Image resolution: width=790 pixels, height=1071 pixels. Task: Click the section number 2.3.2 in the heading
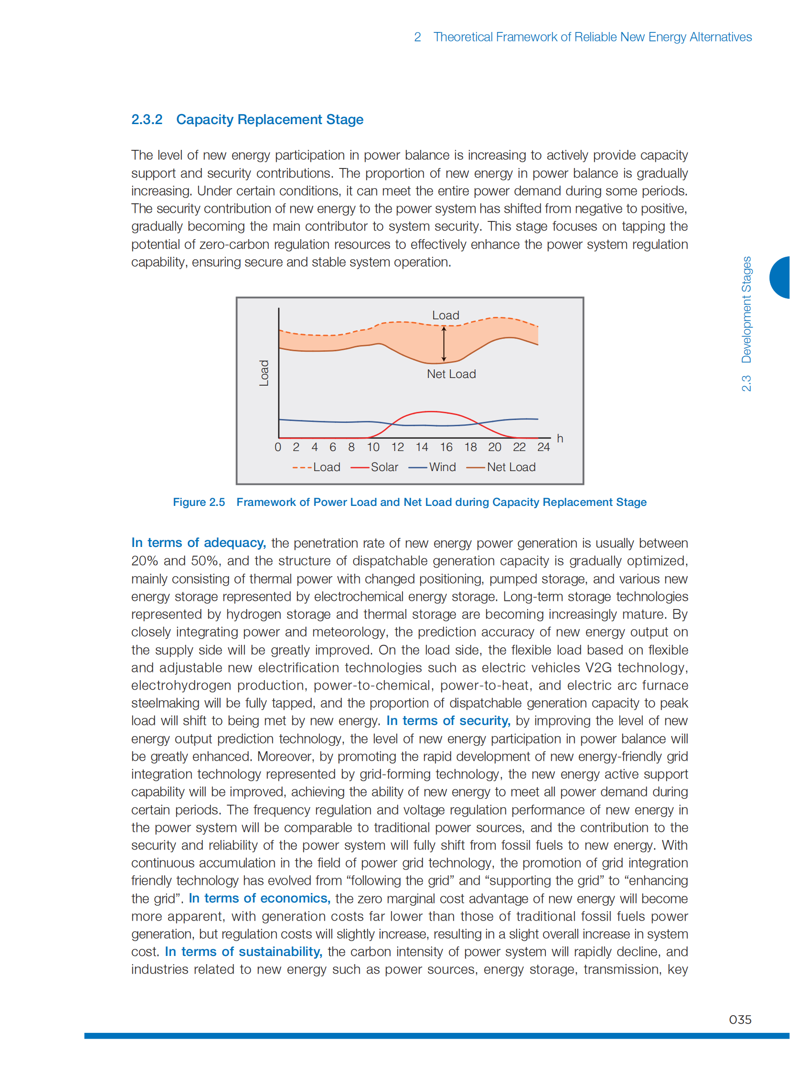147,119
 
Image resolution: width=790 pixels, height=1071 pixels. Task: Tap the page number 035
739,1019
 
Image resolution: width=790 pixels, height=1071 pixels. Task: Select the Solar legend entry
374,467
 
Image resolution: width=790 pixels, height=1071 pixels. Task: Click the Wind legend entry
432,467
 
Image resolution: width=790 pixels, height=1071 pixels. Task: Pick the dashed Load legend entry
317,467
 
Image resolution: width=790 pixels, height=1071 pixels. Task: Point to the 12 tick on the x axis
397,447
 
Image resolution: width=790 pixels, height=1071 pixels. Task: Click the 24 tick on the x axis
543,447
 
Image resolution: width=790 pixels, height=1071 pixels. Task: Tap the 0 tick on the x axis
278,447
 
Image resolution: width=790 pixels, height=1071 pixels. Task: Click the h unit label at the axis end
560,438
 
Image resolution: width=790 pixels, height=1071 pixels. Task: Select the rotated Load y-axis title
264,373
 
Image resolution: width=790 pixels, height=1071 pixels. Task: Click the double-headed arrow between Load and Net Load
444,344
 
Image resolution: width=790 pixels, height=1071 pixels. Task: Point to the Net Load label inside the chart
451,374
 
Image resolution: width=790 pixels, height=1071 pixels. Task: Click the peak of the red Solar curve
431,411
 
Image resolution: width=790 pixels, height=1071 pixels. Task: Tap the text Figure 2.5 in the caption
199,502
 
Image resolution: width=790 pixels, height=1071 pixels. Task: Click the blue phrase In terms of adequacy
199,543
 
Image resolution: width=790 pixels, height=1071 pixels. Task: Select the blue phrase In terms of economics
260,898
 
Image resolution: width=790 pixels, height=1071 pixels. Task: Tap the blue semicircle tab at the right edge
780,278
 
